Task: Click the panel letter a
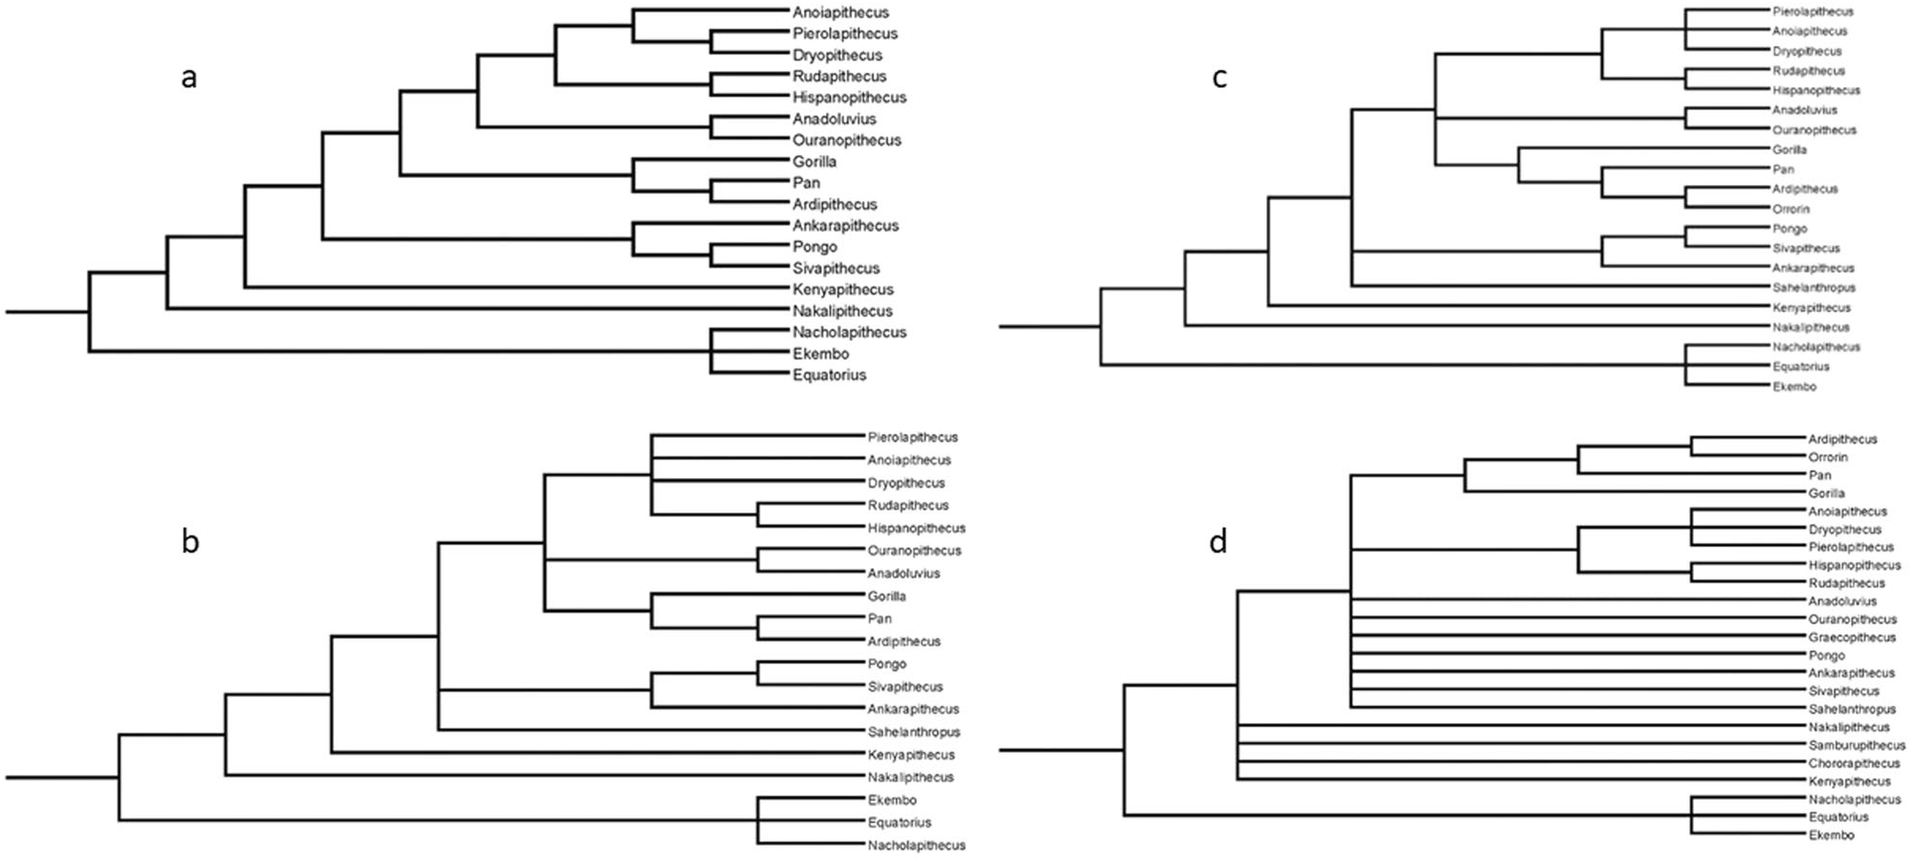(189, 78)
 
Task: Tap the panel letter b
(190, 542)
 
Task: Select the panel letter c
(1218, 78)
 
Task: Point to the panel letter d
(1217, 543)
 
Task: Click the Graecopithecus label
(1852, 638)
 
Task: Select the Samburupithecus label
(1857, 745)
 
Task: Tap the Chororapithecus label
(1854, 763)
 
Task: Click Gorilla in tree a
(814, 162)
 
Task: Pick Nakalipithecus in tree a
(842, 311)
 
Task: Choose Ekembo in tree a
(820, 353)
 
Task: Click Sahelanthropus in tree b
(914, 732)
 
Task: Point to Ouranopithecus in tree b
(914, 551)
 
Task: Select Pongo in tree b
(887, 664)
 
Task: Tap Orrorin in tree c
(1791, 209)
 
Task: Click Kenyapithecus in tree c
(1812, 307)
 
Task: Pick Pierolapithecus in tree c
(1813, 11)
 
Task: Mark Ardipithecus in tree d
(1842, 440)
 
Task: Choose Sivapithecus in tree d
(1843, 691)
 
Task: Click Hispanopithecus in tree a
(849, 98)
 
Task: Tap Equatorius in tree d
(1838, 817)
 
